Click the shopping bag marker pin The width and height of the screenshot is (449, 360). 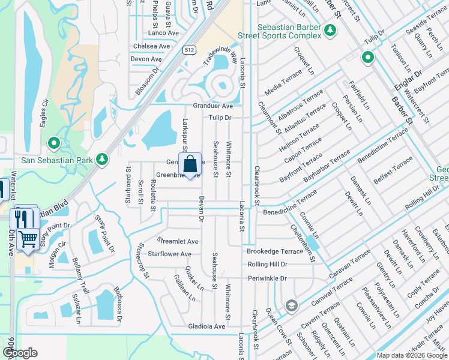click(x=190, y=165)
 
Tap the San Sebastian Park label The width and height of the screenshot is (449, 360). click(x=49, y=160)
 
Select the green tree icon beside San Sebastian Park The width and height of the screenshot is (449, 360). click(x=103, y=159)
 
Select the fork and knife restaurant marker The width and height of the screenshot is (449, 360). click(x=22, y=218)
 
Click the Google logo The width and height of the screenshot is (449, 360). click(x=19, y=353)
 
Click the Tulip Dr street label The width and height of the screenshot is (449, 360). click(x=220, y=118)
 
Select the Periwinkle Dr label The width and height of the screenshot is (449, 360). click(x=267, y=278)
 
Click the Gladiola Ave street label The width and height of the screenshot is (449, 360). click(x=206, y=326)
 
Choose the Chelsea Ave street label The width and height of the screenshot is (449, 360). click(x=151, y=46)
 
